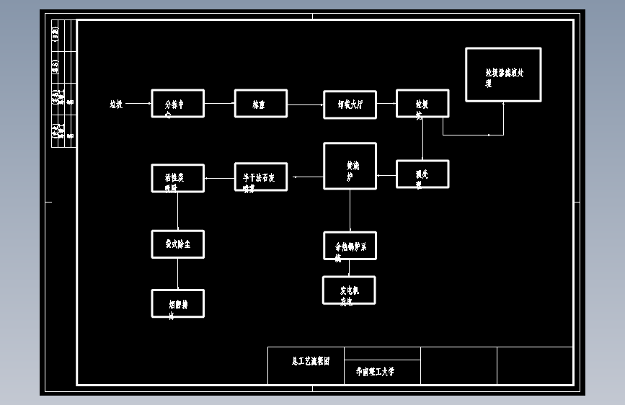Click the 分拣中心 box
(x=177, y=104)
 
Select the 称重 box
(x=260, y=104)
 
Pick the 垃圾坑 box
(x=422, y=104)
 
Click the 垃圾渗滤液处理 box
(x=503, y=75)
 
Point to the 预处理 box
(x=422, y=174)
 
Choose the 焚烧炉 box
(x=350, y=166)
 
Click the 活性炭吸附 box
(x=177, y=178)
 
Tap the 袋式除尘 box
(x=177, y=244)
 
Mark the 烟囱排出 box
(x=177, y=303)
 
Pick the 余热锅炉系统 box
(x=350, y=246)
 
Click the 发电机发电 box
(x=349, y=290)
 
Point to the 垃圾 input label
(x=116, y=104)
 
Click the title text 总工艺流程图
(x=311, y=361)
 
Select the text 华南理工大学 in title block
(x=375, y=373)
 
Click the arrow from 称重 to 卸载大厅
(x=305, y=104)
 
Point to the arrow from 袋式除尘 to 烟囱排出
(x=177, y=274)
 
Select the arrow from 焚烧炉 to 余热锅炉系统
(x=350, y=210)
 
